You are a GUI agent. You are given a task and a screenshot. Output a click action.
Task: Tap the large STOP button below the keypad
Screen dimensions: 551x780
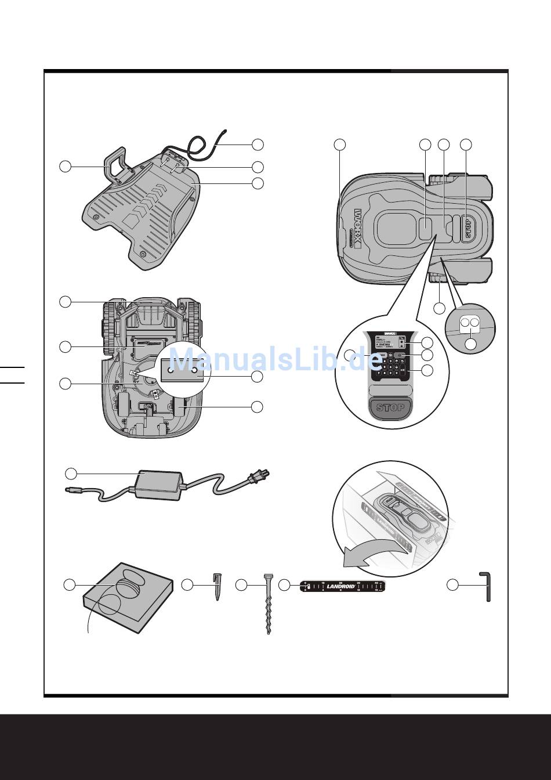click(390, 407)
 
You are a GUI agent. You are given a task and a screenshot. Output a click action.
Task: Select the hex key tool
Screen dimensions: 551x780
click(487, 586)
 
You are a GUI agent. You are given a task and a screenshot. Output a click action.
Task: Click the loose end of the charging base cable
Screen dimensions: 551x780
click(224, 132)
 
